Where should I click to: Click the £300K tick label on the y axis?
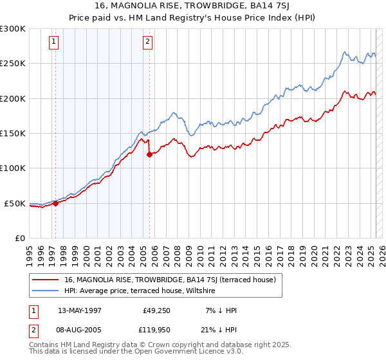pyautogui.click(x=13, y=29)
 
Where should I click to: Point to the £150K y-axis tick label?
pyautogui.click(x=13, y=134)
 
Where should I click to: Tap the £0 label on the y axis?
pyautogui.click(x=21, y=238)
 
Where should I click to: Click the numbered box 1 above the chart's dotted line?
pyautogui.click(x=53, y=42)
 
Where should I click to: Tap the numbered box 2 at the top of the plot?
pyautogui.click(x=147, y=42)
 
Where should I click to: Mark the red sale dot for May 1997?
pyautogui.click(x=55, y=203)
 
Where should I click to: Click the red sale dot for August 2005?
pyautogui.click(x=149, y=154)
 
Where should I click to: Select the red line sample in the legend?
pyautogui.click(x=46, y=280)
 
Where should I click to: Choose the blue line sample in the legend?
pyautogui.click(x=46, y=291)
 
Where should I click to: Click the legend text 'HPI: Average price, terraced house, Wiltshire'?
pyautogui.click(x=140, y=291)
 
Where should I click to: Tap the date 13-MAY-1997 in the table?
pyautogui.click(x=80, y=310)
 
